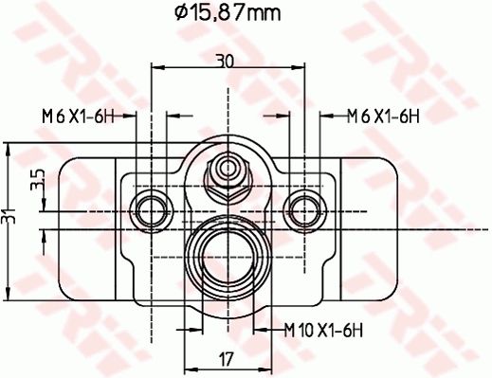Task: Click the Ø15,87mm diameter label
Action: (x=228, y=13)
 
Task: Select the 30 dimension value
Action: (x=225, y=61)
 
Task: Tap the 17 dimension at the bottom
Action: (x=227, y=359)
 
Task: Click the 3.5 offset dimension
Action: (x=38, y=179)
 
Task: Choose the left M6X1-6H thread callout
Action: (x=78, y=117)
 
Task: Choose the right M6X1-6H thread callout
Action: (x=383, y=117)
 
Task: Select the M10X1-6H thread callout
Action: (x=323, y=331)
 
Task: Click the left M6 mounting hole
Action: (x=152, y=211)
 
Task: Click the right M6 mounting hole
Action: (x=304, y=211)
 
